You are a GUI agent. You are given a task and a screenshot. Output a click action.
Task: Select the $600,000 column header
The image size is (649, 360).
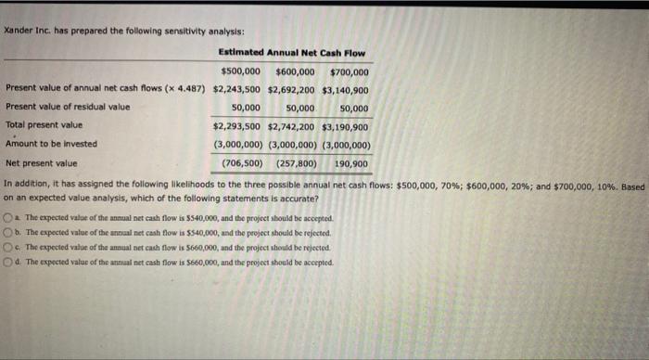coord(295,71)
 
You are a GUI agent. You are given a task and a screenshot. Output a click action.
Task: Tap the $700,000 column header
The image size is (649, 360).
coord(350,71)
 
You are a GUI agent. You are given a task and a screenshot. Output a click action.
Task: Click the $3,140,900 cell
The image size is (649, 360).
coord(346,89)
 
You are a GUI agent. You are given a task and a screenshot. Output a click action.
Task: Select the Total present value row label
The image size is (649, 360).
coord(44,125)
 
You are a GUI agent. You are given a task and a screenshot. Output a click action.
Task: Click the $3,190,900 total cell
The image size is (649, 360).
coord(346,125)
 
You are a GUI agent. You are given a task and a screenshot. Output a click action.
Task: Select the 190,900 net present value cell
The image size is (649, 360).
coord(350,162)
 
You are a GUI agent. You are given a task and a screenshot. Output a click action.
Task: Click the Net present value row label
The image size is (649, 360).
coord(42,162)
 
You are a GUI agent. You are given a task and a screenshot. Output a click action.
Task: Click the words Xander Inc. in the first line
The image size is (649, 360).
coord(27,31)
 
